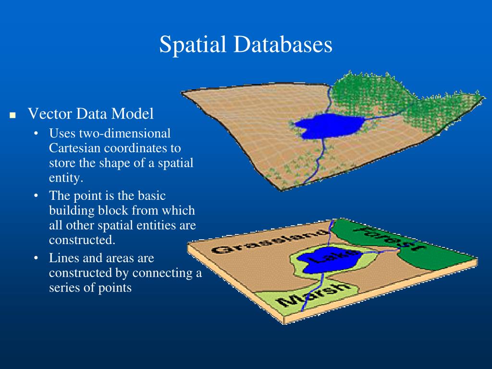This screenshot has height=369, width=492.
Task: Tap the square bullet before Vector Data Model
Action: point(12,116)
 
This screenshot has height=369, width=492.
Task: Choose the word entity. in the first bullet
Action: point(66,178)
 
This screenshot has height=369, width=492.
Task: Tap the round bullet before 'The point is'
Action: point(37,196)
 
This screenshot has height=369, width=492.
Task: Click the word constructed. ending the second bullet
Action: point(82,240)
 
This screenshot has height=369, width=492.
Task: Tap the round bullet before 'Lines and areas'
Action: point(37,258)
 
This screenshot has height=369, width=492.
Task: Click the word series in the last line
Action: point(64,288)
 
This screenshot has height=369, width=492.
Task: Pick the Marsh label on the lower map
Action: point(314,294)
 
